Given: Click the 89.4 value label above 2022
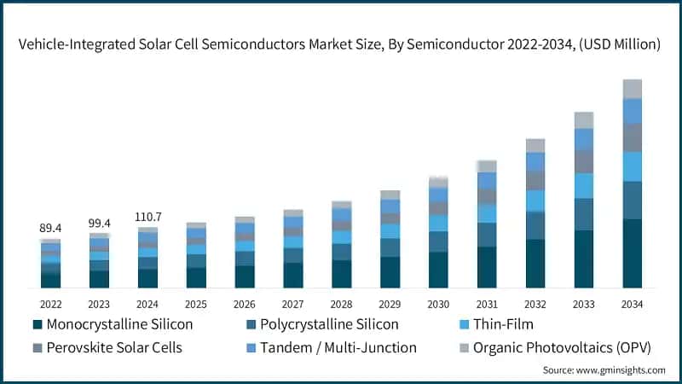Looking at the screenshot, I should (x=50, y=228).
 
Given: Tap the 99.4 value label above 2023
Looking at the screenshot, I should (x=99, y=223).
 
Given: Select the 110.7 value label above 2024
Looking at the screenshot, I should (x=147, y=218).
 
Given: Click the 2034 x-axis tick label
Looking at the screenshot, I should (x=632, y=304).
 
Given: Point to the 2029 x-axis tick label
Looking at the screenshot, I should (x=390, y=304).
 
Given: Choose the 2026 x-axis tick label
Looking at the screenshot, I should (x=245, y=304).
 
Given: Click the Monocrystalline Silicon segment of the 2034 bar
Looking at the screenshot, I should (x=632, y=253).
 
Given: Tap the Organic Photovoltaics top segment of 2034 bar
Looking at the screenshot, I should (x=632, y=89).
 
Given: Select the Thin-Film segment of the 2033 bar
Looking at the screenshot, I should (x=583, y=185).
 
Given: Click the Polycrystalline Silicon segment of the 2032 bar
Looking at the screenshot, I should (x=535, y=225).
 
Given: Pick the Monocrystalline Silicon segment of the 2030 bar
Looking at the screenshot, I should (x=438, y=270).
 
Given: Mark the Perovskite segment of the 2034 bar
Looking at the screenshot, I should (x=632, y=137).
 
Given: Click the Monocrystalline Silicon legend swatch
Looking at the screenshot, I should (x=37, y=325).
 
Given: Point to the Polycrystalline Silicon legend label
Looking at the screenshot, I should (x=329, y=324).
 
